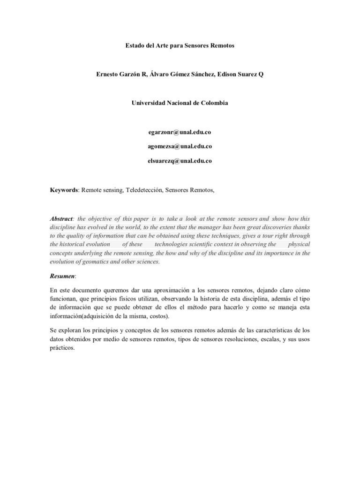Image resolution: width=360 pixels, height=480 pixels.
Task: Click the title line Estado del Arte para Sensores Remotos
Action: tap(180, 46)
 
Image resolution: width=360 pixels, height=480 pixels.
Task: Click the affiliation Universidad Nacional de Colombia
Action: tap(180, 103)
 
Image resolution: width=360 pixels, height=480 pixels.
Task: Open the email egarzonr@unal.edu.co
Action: tap(180, 132)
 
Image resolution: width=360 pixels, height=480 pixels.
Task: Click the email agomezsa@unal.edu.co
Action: tap(180, 146)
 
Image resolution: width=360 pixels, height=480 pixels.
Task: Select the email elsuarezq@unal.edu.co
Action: tap(180, 160)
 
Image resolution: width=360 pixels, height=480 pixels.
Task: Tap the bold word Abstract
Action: tap(61, 219)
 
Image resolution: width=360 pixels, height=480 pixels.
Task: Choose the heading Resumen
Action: tap(62, 277)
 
